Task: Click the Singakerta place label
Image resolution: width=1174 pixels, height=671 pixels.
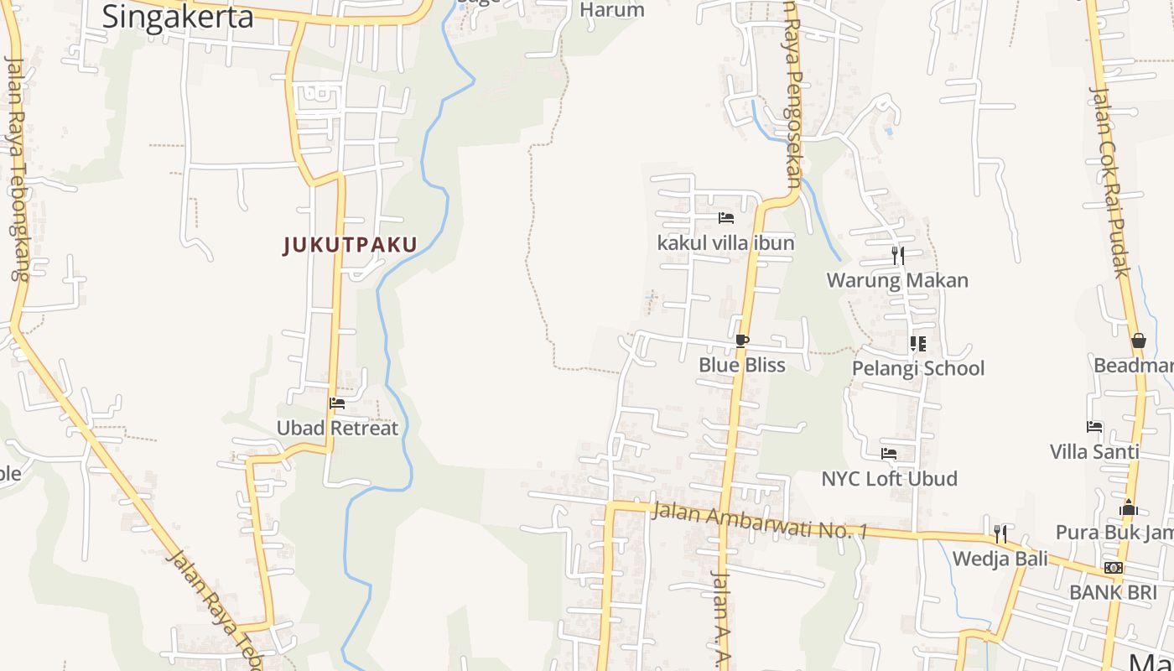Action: (x=177, y=16)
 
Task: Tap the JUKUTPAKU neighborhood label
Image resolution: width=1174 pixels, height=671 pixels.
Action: (x=350, y=245)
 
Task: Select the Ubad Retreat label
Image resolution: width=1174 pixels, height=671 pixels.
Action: (x=337, y=428)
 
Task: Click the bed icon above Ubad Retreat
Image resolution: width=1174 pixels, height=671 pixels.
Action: (x=337, y=403)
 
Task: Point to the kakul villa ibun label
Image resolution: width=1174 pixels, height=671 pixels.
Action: (x=725, y=243)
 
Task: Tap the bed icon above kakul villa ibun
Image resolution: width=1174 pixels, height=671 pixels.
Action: (x=726, y=218)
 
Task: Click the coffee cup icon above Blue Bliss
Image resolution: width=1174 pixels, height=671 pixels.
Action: (x=741, y=341)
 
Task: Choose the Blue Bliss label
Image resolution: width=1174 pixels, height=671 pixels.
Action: (x=742, y=365)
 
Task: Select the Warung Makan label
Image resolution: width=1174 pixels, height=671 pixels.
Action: (x=897, y=280)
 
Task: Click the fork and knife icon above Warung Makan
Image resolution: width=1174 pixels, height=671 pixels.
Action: (x=897, y=255)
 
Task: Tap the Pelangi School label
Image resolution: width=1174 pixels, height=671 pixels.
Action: (x=918, y=368)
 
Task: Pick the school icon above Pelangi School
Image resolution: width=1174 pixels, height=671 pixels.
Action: (x=918, y=343)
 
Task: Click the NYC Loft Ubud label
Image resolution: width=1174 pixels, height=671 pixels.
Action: (x=889, y=479)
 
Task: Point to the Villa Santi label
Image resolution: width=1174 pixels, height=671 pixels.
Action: (x=1094, y=452)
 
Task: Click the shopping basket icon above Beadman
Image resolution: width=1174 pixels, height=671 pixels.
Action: (x=1138, y=341)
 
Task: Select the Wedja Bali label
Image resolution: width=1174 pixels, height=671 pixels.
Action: (x=1000, y=559)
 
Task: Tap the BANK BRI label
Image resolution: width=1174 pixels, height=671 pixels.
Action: (x=1113, y=592)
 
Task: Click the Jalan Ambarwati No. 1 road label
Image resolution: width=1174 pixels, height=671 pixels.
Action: (x=759, y=520)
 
